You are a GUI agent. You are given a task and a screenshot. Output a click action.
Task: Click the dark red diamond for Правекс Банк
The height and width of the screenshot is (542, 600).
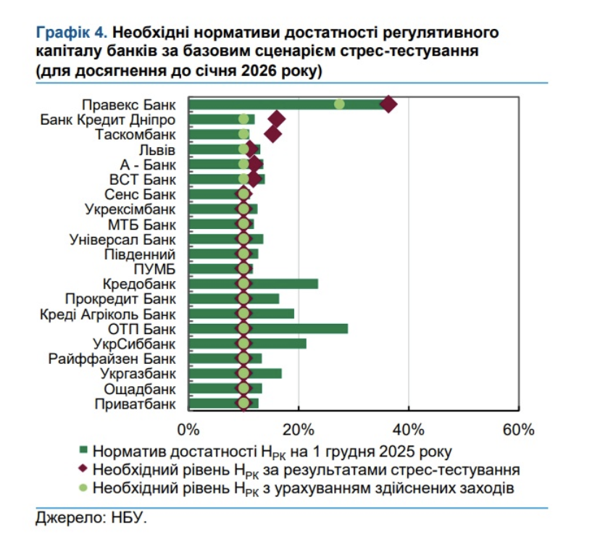tap(389, 104)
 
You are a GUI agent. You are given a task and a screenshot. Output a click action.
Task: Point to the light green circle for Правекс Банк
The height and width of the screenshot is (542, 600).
tap(339, 104)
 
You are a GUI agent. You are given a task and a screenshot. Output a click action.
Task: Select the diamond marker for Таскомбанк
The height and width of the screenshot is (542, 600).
tap(273, 134)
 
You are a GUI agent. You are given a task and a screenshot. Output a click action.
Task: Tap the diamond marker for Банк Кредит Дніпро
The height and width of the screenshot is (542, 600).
tap(276, 120)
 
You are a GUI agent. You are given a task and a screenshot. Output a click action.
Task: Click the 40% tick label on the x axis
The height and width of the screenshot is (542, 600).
tap(408, 429)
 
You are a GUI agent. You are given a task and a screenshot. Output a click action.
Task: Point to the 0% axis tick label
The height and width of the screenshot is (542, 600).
tap(188, 429)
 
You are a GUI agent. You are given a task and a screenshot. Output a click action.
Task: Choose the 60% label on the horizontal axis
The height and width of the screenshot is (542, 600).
tap(518, 429)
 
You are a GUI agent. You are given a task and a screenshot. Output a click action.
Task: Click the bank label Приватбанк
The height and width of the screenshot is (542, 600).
tap(135, 404)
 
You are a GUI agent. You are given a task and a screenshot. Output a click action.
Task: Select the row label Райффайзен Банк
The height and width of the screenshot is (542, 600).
tap(112, 359)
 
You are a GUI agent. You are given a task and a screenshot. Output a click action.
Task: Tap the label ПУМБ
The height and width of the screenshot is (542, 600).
tap(154, 269)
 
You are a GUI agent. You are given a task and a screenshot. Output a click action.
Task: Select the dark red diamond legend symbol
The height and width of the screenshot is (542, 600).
tap(83, 470)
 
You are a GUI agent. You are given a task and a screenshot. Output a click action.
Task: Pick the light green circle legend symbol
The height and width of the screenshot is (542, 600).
tap(83, 487)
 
